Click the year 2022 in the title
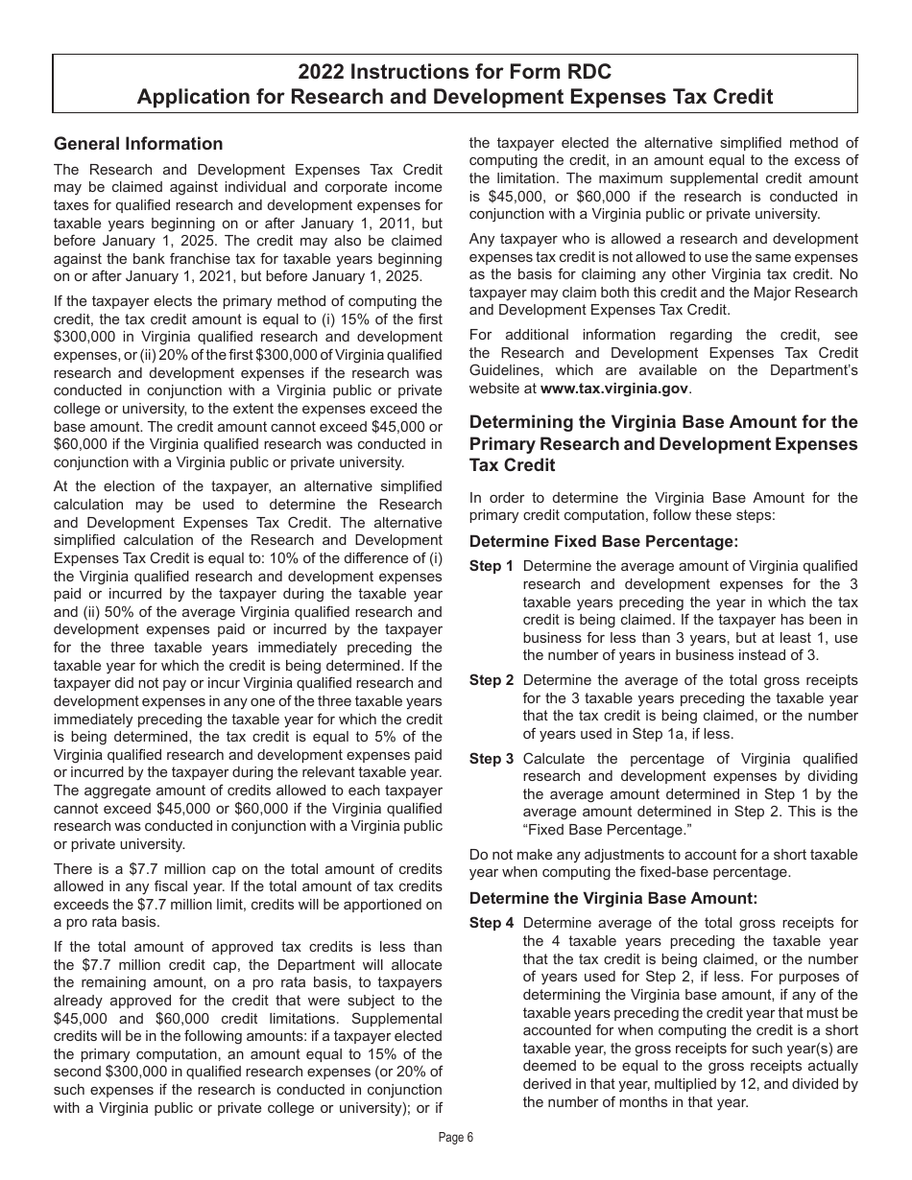(319, 72)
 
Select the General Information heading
(138, 144)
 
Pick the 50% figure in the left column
(122, 612)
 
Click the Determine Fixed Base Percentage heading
(604, 542)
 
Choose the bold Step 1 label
(491, 567)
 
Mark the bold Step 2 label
(491, 680)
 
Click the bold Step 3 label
(491, 759)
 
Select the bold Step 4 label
(491, 923)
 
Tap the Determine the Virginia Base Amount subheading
(613, 898)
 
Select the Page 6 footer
(456, 1138)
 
